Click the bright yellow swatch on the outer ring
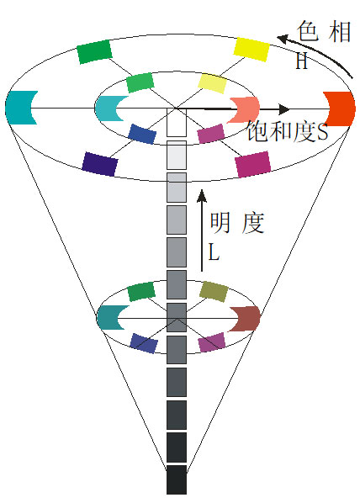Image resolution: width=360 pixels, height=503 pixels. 251,50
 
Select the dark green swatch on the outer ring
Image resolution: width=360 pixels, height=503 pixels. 95,51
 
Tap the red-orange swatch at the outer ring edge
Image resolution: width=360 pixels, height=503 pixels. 340,109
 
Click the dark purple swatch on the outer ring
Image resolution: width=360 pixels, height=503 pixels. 100,164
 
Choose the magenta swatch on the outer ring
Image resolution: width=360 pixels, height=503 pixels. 253,164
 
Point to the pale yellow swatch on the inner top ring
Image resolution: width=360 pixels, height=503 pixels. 212,83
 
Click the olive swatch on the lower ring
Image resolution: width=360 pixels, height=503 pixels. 214,292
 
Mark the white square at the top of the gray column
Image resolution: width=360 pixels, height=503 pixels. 177,123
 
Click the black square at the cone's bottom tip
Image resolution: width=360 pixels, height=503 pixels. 177,479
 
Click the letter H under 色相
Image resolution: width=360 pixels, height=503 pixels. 302,61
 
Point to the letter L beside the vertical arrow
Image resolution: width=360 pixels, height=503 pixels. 214,251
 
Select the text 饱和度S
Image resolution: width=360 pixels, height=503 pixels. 288,131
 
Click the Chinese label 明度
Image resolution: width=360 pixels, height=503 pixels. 237,223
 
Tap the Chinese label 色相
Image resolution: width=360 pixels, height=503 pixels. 324,31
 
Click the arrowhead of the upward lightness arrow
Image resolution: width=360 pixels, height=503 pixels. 202,195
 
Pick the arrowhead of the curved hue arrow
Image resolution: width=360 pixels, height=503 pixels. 283,40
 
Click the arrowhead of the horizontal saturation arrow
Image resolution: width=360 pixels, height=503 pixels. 284,109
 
